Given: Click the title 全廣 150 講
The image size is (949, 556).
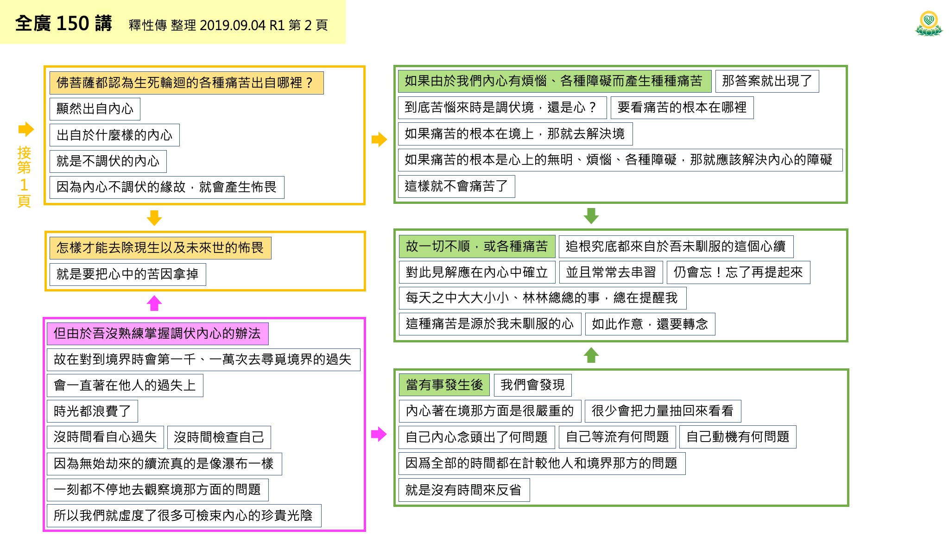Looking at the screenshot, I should pos(63,23).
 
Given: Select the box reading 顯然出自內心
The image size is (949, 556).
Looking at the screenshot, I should pos(95,109).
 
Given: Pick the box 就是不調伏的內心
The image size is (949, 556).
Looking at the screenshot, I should pos(108,161).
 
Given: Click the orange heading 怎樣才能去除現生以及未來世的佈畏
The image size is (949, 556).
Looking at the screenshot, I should pos(160,248).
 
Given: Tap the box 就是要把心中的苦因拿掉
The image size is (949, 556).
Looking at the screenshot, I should pos(127,274).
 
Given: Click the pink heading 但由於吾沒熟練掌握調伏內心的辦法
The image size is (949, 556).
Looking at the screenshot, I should pos(157,334).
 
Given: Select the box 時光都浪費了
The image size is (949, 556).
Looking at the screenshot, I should pos(92,411).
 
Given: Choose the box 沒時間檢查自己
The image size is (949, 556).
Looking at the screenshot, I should pos(219,437).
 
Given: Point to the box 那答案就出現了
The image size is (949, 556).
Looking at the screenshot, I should pos(767,81).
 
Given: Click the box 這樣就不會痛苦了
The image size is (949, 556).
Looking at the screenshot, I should pos(456,186).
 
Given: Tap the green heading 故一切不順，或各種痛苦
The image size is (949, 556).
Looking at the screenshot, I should pos(477,246).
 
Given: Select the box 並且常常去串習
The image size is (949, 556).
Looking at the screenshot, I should pos(611,272).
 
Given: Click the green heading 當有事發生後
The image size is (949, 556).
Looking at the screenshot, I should pos(444,385).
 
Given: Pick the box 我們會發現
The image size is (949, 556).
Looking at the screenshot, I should pos(532,385).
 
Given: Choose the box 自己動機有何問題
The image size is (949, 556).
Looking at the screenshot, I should pos(738,437).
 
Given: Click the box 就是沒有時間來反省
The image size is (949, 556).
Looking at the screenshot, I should pos(463,490).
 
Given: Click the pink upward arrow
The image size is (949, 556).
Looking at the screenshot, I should pos(154,303).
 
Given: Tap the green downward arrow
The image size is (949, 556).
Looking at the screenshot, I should pos(591,215).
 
